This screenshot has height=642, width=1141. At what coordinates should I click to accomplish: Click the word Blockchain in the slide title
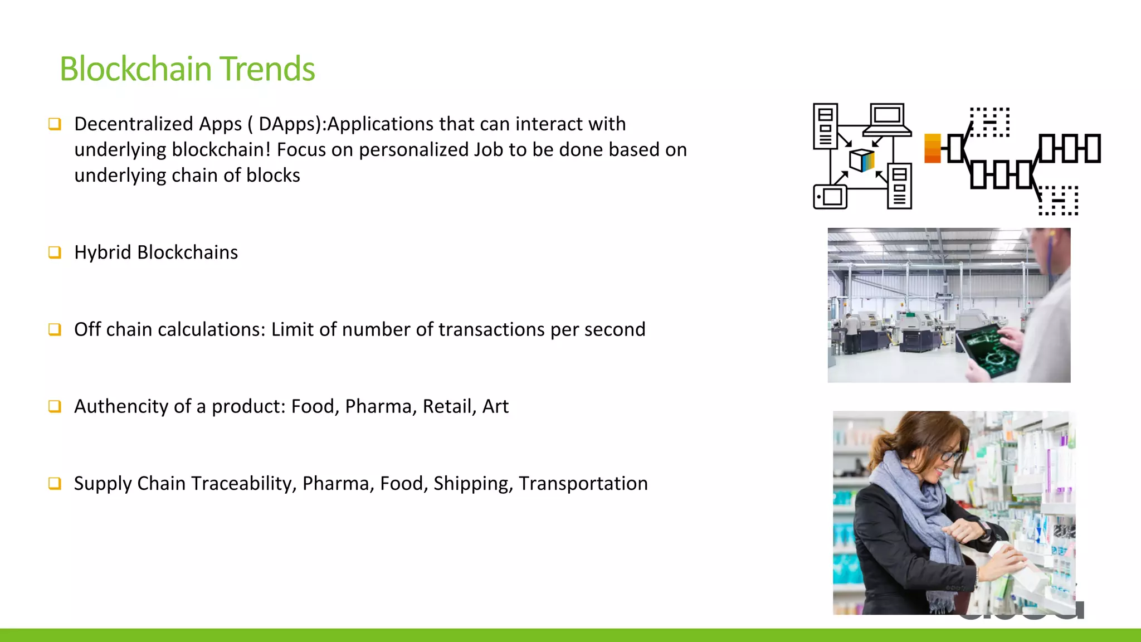[x=136, y=69]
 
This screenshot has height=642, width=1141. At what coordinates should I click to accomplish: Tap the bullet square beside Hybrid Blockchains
[x=55, y=252]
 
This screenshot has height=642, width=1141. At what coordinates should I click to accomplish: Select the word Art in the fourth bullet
[x=495, y=406]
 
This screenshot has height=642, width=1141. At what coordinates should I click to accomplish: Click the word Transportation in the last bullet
[x=583, y=483]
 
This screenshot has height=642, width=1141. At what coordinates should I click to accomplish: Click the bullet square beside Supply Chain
[x=55, y=483]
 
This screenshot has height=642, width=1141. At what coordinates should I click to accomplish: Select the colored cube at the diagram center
[x=861, y=160]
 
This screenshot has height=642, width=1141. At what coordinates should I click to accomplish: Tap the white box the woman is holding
[x=1020, y=568]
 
